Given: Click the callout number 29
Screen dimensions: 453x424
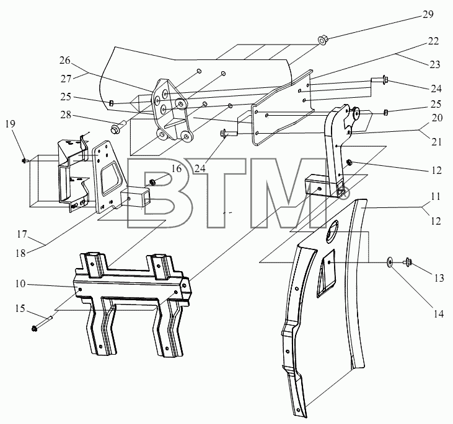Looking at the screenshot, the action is (x=428, y=14).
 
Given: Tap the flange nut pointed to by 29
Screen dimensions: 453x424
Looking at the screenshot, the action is (x=322, y=40).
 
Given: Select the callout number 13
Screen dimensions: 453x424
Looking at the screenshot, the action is (x=439, y=278).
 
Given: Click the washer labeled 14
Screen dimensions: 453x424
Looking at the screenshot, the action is (x=390, y=262).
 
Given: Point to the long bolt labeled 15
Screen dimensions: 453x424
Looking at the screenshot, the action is (x=42, y=323).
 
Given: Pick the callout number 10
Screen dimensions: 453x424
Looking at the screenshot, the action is (x=20, y=283).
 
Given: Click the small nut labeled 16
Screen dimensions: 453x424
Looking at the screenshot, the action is (x=151, y=182).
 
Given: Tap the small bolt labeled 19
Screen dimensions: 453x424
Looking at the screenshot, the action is (x=25, y=160).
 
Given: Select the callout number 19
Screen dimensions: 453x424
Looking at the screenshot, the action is (x=10, y=124).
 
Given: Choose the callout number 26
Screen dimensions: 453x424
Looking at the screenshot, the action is (x=65, y=60).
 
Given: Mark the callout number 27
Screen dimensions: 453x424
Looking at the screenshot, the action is (x=66, y=79).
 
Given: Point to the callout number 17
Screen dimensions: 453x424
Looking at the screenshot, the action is (x=22, y=235).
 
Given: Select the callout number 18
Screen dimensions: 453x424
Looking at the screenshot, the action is (x=21, y=253).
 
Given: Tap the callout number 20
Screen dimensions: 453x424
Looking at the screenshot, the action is (x=438, y=118).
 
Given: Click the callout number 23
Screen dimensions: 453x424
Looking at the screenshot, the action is (x=434, y=64).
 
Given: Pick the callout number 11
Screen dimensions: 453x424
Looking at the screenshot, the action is (x=436, y=197).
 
